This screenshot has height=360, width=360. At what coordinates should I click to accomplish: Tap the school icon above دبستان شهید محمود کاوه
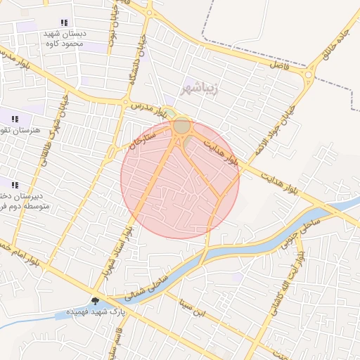[65, 23]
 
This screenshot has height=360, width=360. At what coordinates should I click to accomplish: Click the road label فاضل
[280, 64]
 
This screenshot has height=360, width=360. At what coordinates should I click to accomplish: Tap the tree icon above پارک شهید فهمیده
[95, 300]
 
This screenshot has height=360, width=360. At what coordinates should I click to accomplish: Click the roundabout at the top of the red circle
[181, 126]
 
